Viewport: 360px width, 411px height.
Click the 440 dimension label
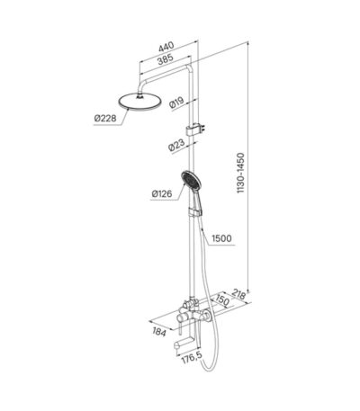coord(166,47)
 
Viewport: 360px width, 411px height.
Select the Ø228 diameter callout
coord(105,119)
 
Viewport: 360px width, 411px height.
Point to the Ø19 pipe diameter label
coord(176,103)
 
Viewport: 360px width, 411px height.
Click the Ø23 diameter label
coord(176,145)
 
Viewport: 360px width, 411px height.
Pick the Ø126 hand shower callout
coord(162,194)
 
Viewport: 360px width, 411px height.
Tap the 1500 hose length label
coord(221,238)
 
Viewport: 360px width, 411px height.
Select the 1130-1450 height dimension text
coord(240,173)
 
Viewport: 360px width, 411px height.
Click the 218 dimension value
coord(239,295)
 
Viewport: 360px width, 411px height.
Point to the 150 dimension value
coord(222,300)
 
